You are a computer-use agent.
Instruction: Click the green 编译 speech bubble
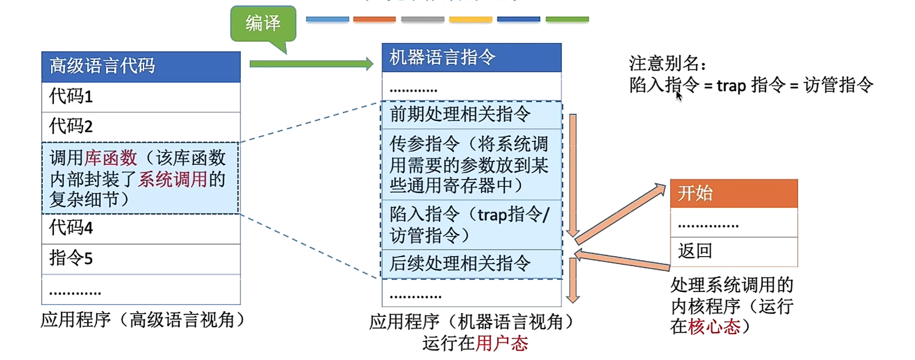pos(263,24)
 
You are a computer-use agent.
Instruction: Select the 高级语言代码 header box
pos(141,67)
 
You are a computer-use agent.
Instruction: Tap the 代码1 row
pos(141,97)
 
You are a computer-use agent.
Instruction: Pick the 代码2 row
pos(141,127)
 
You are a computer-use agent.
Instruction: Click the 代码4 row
pos(141,228)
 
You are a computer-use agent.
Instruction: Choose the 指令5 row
pos(141,258)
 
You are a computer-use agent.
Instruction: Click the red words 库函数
pos(111,158)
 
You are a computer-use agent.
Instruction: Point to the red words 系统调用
pos(173,179)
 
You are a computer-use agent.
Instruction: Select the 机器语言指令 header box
pos(471,58)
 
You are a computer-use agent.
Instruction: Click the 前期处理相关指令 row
pos(471,115)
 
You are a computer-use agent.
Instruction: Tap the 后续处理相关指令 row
pos(471,264)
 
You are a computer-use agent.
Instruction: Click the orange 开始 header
pos(734,193)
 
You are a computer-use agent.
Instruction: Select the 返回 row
pos(734,252)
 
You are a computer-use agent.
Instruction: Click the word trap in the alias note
pos(731,86)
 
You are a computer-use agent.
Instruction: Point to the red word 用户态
pos(501,344)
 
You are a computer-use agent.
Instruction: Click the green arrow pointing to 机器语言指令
pos(311,64)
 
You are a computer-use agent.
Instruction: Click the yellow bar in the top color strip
pos(470,19)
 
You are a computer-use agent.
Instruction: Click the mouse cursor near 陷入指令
pos(679,96)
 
